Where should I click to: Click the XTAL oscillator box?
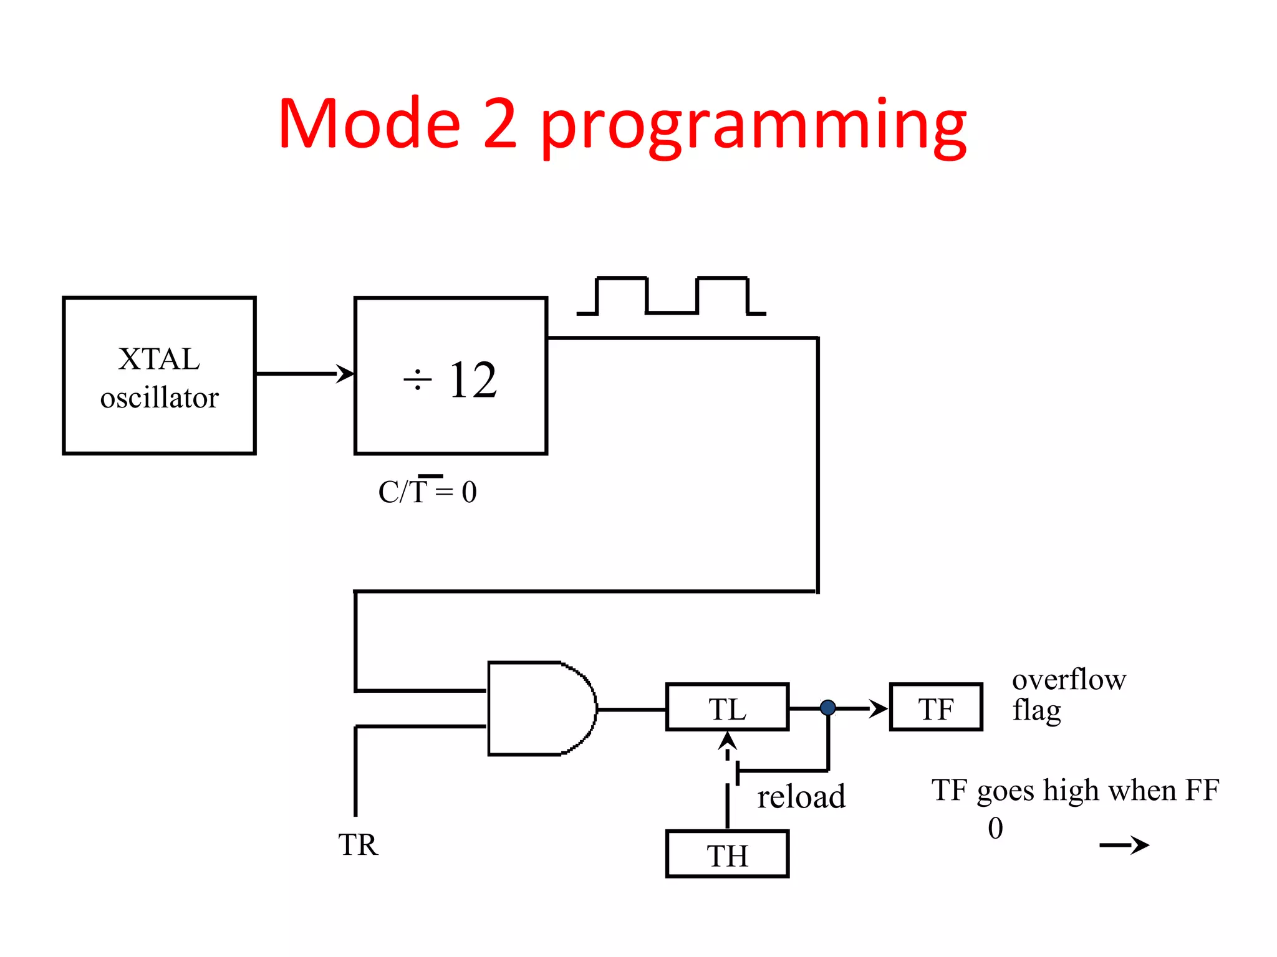(x=159, y=376)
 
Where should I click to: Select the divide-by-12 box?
(x=450, y=376)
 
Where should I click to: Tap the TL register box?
(x=727, y=707)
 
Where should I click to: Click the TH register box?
(x=727, y=854)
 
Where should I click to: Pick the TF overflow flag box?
(x=935, y=707)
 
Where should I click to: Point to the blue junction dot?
(x=827, y=708)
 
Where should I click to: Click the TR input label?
(x=358, y=845)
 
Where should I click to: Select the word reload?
(x=801, y=797)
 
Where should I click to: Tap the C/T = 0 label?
(x=427, y=492)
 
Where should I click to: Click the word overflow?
(x=1069, y=679)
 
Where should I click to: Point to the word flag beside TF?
(x=1036, y=710)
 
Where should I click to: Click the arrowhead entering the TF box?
(x=879, y=708)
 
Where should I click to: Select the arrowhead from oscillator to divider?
(x=345, y=374)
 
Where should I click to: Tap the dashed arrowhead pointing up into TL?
(x=727, y=741)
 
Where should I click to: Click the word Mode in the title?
(x=369, y=124)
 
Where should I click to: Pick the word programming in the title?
(x=753, y=128)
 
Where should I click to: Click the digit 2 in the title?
(x=499, y=124)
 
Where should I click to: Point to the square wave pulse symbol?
(x=672, y=296)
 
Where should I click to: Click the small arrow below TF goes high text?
(x=1124, y=845)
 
